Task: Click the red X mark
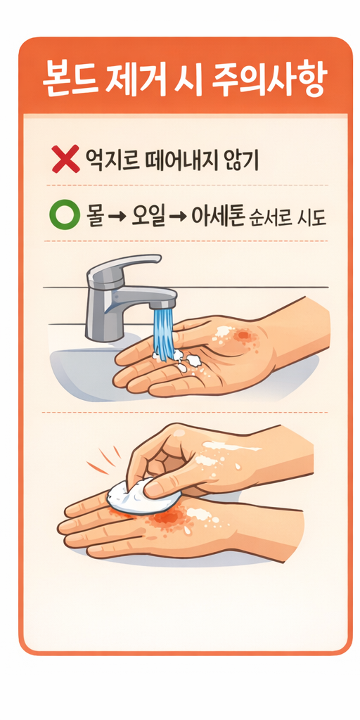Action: pyautogui.click(x=65, y=159)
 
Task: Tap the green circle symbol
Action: pyautogui.click(x=62, y=217)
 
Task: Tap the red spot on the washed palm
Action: pyautogui.click(x=243, y=336)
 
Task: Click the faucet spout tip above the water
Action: pyautogui.click(x=163, y=304)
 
